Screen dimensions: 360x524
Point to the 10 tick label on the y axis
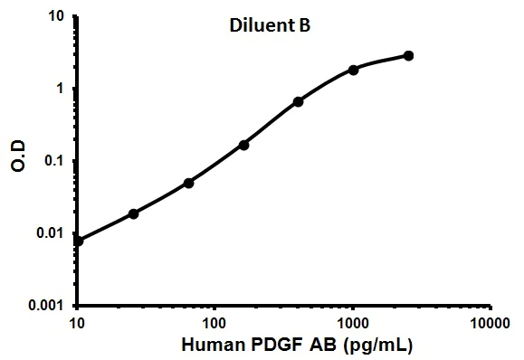coord(57,16)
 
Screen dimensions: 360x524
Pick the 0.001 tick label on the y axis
coord(46,306)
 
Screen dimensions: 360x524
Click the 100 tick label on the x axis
coord(214,322)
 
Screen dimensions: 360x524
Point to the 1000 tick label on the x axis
coord(353,322)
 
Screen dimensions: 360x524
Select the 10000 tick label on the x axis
coord(491,322)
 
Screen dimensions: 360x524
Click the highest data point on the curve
coord(408,56)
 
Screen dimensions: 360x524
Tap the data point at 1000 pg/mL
coord(353,70)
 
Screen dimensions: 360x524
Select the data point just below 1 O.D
coord(298,101)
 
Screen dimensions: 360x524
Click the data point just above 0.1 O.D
coord(243,145)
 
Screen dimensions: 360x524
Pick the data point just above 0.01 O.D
coord(133,213)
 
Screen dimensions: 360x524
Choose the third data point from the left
coord(188,183)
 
